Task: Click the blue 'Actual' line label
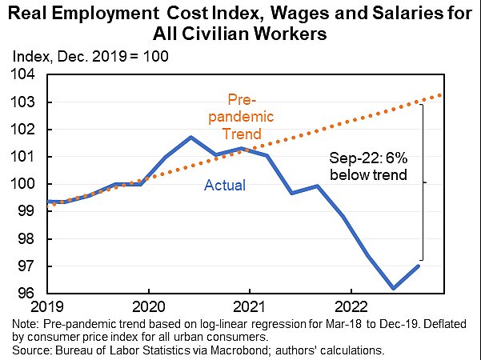pyautogui.click(x=225, y=186)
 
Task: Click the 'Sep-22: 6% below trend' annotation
pyautogui.click(x=370, y=166)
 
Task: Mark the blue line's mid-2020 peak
pyautogui.click(x=190, y=137)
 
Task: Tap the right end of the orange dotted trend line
pyautogui.click(x=441, y=95)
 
